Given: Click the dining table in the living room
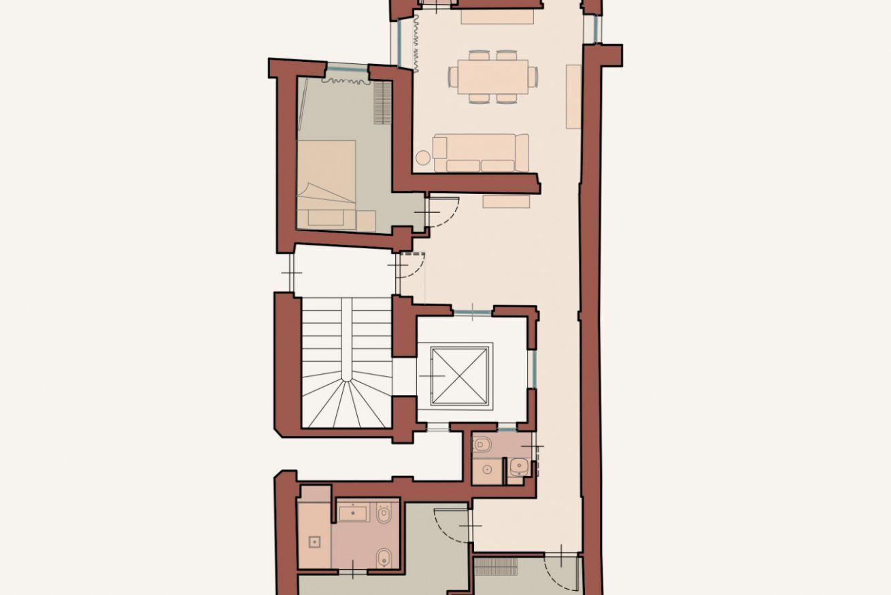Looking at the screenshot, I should (x=492, y=76).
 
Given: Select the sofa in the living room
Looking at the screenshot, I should (x=481, y=153).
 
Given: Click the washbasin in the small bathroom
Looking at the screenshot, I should (x=519, y=466).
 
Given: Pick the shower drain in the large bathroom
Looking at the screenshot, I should (x=314, y=542).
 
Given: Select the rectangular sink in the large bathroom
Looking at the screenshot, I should (x=353, y=512).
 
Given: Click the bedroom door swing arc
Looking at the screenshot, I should (x=445, y=211).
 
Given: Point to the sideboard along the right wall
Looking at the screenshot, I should (x=573, y=96).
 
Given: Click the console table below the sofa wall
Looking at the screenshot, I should (x=506, y=201).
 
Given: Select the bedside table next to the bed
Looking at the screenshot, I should (x=366, y=220).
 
